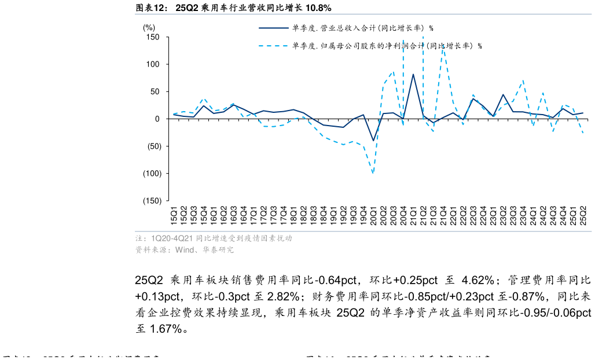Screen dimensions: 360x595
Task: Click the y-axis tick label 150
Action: pyautogui.click(x=152, y=37)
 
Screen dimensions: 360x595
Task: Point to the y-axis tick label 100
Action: pyautogui.click(x=152, y=64)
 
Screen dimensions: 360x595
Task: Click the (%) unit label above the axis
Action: pyautogui.click(x=149, y=27)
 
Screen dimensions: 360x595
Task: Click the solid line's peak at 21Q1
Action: pyautogui.click(x=413, y=74)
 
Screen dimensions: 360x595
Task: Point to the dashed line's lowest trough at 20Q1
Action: pyautogui.click(x=373, y=173)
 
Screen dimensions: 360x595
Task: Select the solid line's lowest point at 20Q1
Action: pyautogui.click(x=373, y=141)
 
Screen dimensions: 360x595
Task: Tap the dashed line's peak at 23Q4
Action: pyautogui.click(x=523, y=80)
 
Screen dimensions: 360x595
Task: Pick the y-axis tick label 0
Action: pyautogui.click(x=157, y=119)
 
